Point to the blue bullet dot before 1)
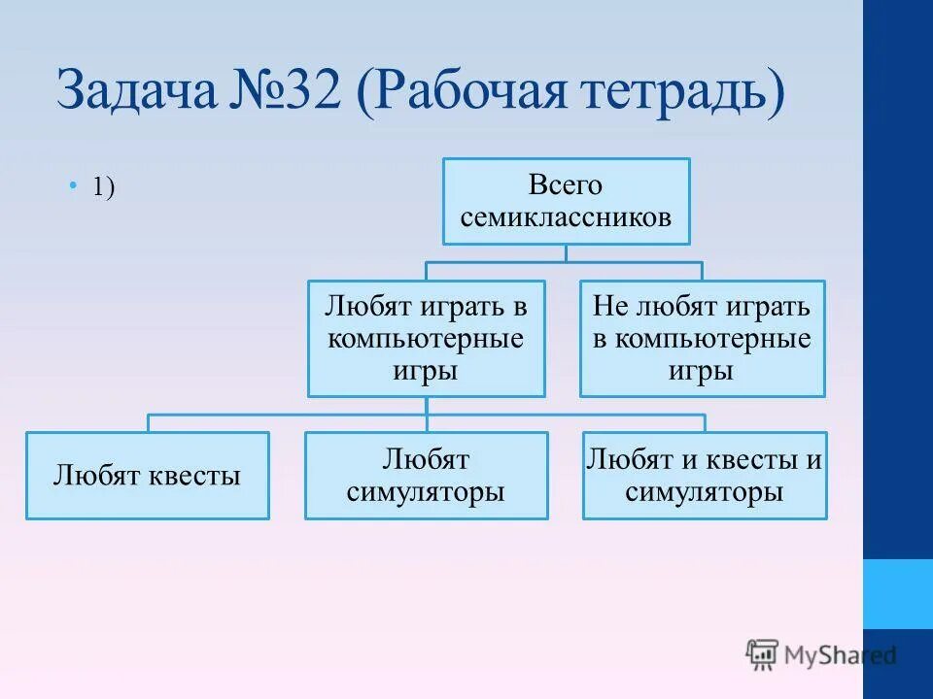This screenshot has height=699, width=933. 73,185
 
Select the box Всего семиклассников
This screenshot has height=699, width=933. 567,201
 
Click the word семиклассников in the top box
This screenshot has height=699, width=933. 567,216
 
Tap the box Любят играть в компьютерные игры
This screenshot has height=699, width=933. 427,339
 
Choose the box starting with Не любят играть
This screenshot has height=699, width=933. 702,339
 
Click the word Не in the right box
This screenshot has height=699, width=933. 610,308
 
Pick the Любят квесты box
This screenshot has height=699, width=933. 148,476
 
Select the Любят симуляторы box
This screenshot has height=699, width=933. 426,476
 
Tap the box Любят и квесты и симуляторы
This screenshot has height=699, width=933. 705,476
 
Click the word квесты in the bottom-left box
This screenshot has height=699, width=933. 192,477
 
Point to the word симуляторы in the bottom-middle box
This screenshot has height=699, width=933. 426,492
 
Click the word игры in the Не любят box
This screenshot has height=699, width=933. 701,371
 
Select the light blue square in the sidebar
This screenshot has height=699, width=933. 897,593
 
